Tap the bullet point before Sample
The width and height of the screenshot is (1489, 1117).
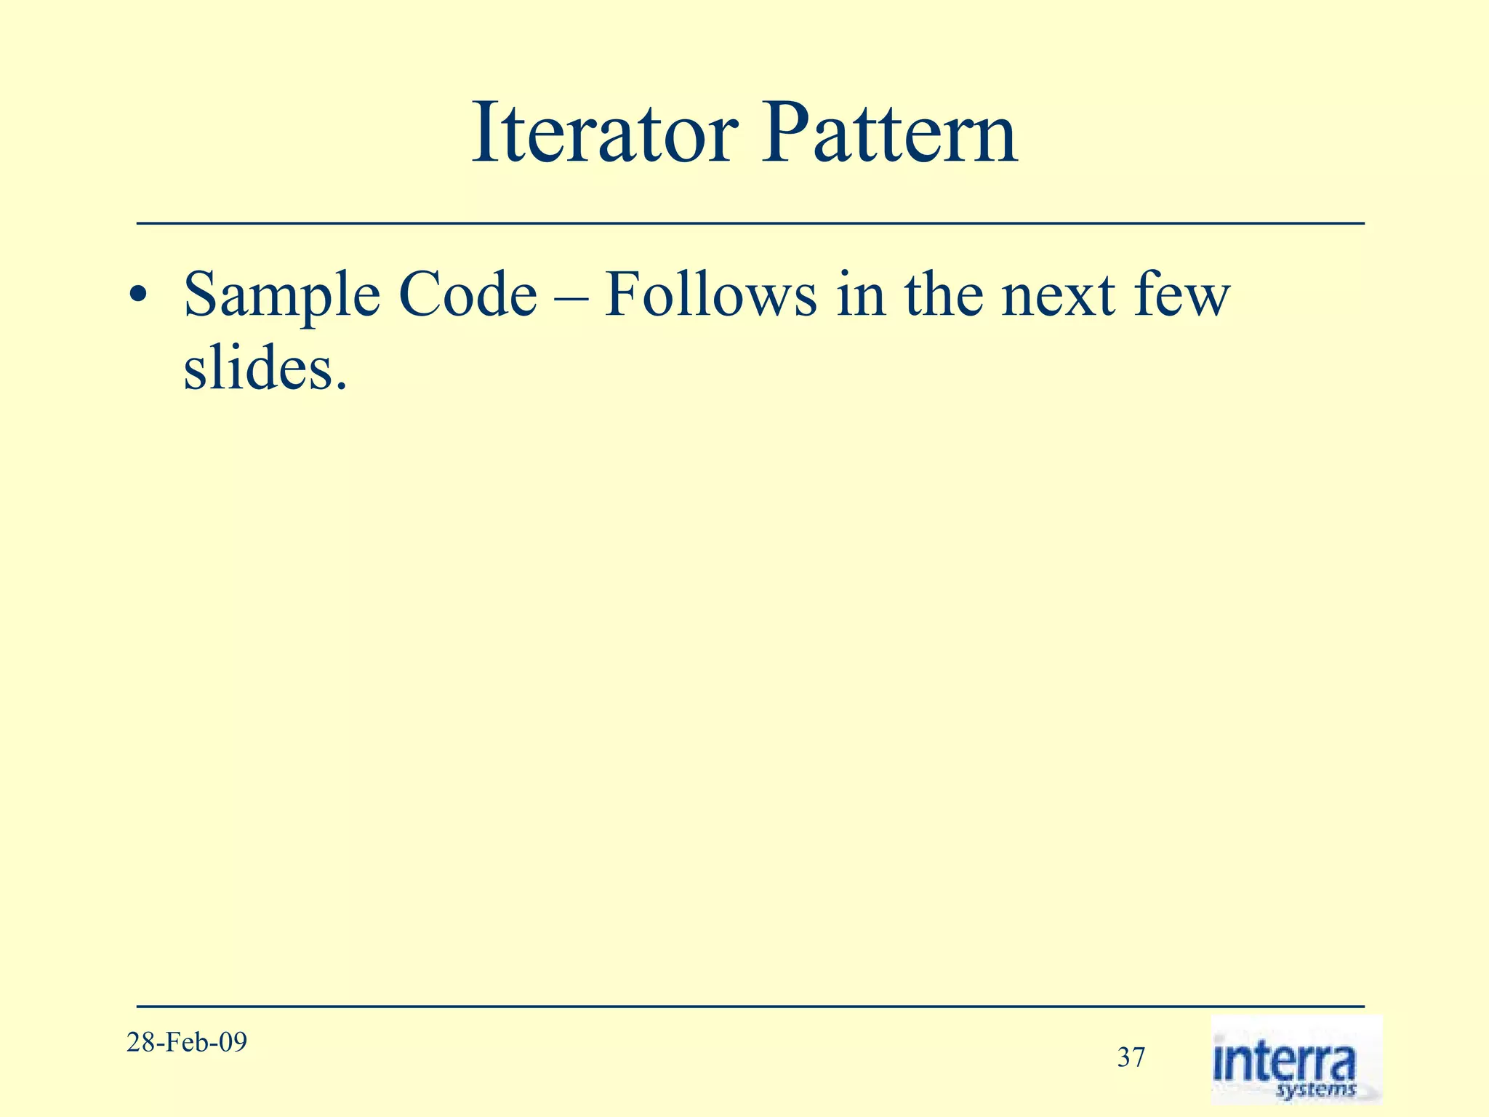(137, 298)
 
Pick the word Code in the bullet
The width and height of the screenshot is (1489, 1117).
(467, 295)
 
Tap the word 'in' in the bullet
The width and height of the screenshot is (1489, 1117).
(860, 295)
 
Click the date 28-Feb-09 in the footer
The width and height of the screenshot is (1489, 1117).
(187, 1042)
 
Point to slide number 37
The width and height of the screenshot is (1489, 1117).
(1131, 1057)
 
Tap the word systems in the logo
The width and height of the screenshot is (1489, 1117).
(1316, 1089)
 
